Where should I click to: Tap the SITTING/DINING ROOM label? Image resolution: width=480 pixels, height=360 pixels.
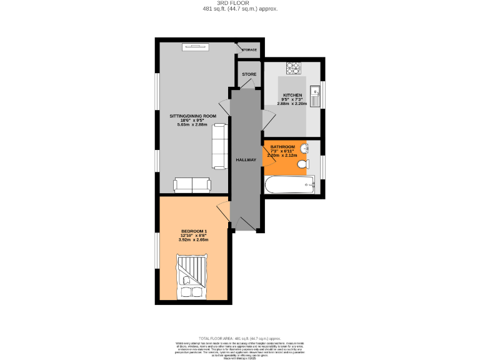(193, 116)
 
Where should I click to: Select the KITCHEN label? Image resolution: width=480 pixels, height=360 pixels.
(292, 95)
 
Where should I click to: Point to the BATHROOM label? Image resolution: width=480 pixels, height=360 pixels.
(282, 147)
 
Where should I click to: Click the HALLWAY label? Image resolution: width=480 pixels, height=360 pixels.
(246, 160)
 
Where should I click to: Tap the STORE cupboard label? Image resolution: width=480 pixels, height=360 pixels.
(249, 74)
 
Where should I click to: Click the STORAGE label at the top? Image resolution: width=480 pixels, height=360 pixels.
(249, 49)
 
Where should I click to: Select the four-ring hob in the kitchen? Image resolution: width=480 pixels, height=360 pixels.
(294, 67)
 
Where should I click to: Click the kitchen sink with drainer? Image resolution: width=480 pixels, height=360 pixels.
(317, 94)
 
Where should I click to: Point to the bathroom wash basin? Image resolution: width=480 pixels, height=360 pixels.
(304, 148)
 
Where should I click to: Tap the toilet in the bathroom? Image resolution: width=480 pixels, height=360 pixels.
(302, 165)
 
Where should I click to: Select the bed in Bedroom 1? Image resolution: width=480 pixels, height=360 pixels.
(190, 277)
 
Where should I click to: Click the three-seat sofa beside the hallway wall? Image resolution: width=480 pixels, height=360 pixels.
(219, 146)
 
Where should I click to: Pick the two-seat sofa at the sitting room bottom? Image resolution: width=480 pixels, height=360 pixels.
(192, 184)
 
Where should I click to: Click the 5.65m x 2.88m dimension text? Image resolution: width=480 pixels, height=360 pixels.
(192, 125)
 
